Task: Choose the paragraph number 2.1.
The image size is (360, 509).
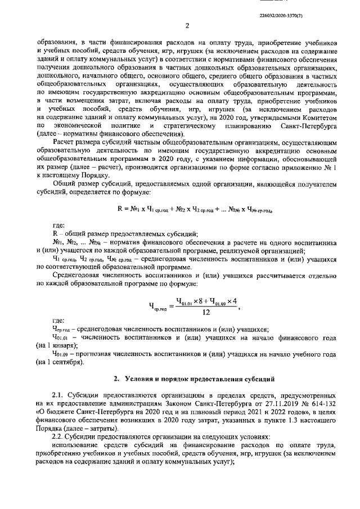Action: coord(57,395)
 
